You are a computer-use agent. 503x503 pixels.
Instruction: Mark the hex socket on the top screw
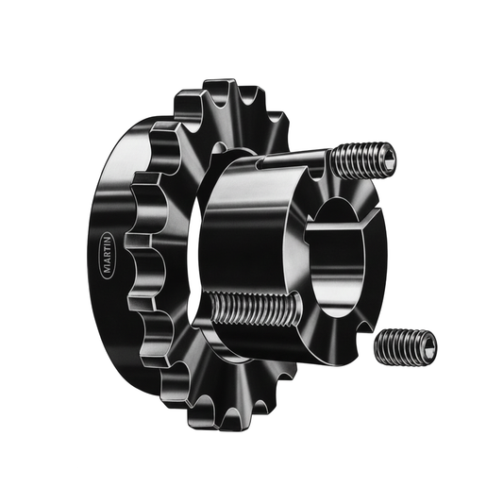pyautogui.click(x=388, y=158)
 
